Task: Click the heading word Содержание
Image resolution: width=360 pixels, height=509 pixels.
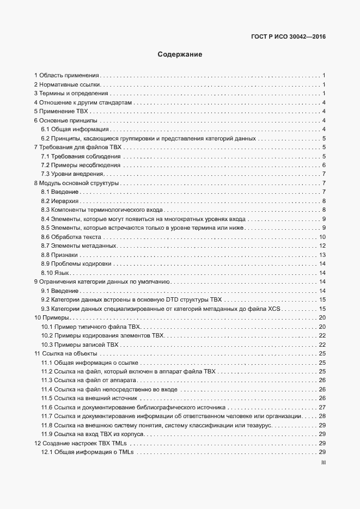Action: click(x=180, y=54)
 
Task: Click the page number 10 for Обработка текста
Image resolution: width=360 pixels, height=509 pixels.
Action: click(x=322, y=237)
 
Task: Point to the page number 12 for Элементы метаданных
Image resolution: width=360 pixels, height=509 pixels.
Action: click(x=322, y=246)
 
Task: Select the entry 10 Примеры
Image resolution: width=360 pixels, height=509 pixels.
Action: click(x=51, y=317)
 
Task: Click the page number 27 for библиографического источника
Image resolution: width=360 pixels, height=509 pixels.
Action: click(x=322, y=407)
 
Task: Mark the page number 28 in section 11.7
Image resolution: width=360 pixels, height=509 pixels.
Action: click(x=322, y=416)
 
